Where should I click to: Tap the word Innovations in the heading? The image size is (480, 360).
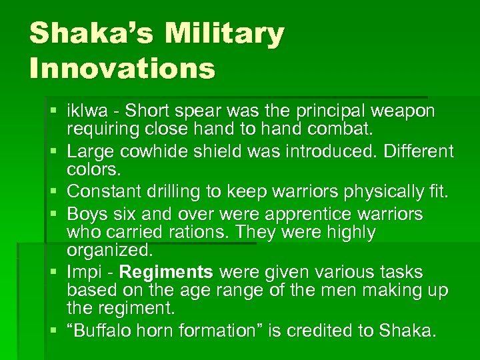pos(123,68)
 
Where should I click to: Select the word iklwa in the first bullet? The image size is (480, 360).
pos(87,110)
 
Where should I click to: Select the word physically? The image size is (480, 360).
pos(381,191)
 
